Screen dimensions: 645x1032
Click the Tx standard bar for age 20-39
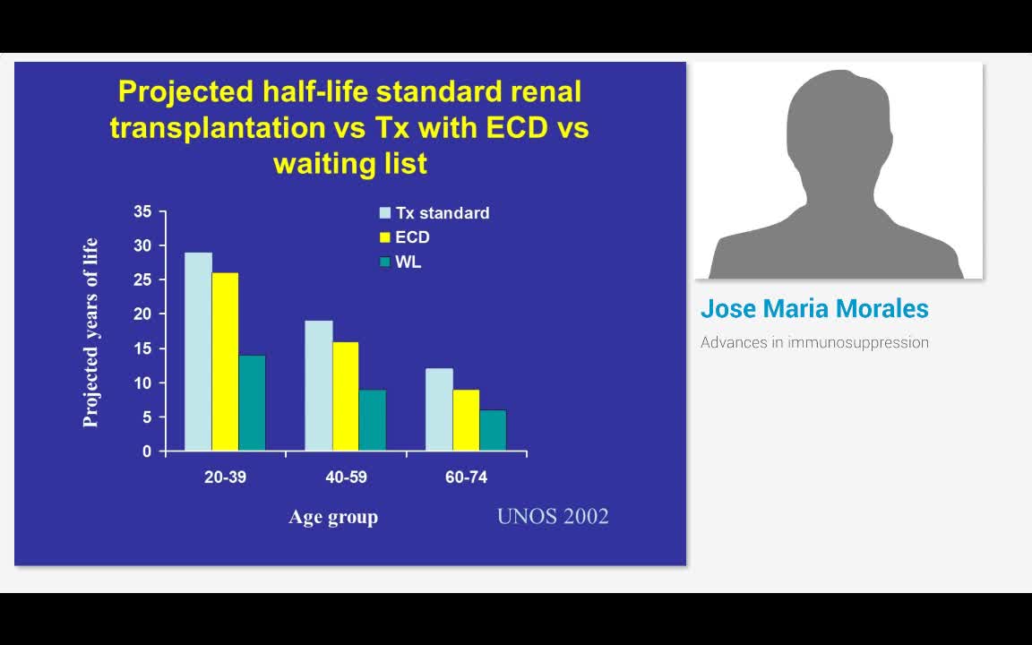click(198, 351)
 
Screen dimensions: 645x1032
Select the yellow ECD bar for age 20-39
click(225, 361)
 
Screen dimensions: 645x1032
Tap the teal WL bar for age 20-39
click(252, 402)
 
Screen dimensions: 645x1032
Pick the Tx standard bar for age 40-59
click(318, 385)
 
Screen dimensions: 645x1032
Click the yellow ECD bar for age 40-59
click(345, 396)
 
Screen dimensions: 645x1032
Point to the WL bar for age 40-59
click(372, 419)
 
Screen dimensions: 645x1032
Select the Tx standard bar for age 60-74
click(439, 409)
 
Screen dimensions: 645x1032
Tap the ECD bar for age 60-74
click(466, 419)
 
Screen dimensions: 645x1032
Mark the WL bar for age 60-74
click(493, 430)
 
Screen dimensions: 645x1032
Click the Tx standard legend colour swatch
click(385, 213)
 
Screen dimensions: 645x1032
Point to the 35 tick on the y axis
click(143, 211)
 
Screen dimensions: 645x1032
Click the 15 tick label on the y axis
click(143, 348)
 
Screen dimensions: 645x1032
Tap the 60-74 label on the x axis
click(466, 477)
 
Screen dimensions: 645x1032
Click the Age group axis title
click(333, 517)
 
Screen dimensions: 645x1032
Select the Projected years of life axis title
click(90, 332)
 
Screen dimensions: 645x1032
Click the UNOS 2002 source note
click(553, 516)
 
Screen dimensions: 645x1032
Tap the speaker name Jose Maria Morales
click(814, 309)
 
